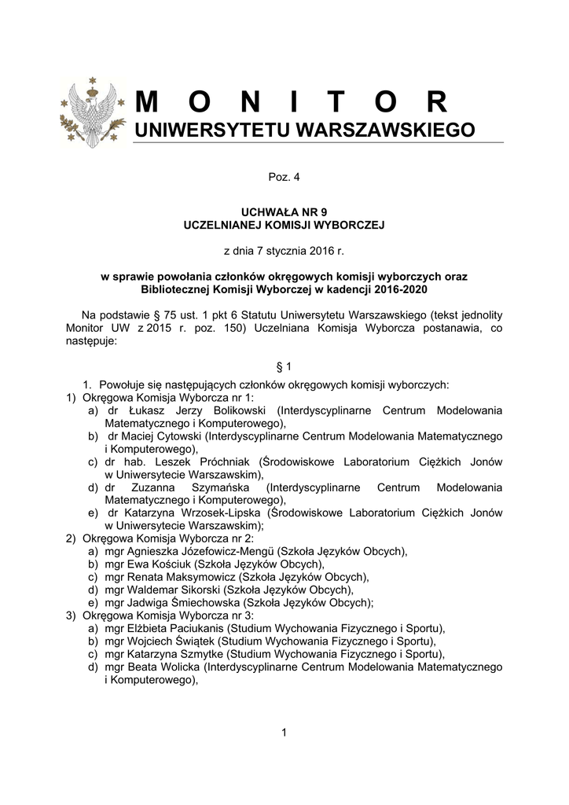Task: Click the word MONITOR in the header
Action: (x=292, y=102)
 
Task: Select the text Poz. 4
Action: (x=284, y=178)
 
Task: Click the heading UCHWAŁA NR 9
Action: (x=284, y=212)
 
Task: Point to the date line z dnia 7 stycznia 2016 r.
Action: (x=284, y=251)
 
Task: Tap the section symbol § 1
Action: (x=284, y=366)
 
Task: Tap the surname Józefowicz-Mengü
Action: (x=207, y=551)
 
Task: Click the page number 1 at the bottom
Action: (x=284, y=733)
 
